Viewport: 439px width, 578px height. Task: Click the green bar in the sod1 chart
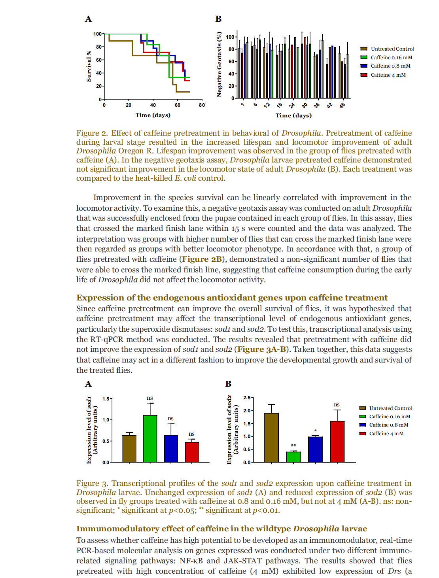point(150,439)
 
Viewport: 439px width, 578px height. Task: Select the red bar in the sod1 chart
point(192,452)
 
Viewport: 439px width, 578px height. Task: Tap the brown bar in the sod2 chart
point(271,438)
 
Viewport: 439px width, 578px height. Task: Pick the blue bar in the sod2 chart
point(315,450)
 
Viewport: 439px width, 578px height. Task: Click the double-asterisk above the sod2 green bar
point(293,446)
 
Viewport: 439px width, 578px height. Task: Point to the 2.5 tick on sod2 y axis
point(247,398)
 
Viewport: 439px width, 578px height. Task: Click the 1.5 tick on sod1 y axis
point(106,399)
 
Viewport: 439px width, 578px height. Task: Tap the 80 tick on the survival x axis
point(202,105)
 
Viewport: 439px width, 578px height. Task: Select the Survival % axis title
point(89,66)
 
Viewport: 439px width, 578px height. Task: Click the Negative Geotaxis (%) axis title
point(219,64)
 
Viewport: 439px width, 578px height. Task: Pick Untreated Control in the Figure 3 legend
point(390,408)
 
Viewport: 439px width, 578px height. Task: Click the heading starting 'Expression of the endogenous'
point(232,298)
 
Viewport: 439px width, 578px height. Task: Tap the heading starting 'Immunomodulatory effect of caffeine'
point(221,529)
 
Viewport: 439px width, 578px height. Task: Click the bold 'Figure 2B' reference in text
point(201,259)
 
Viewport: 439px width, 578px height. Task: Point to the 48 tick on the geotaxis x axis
point(342,105)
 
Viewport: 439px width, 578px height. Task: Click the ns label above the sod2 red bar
point(337,404)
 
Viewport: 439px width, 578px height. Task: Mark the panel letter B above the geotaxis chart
point(218,19)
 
